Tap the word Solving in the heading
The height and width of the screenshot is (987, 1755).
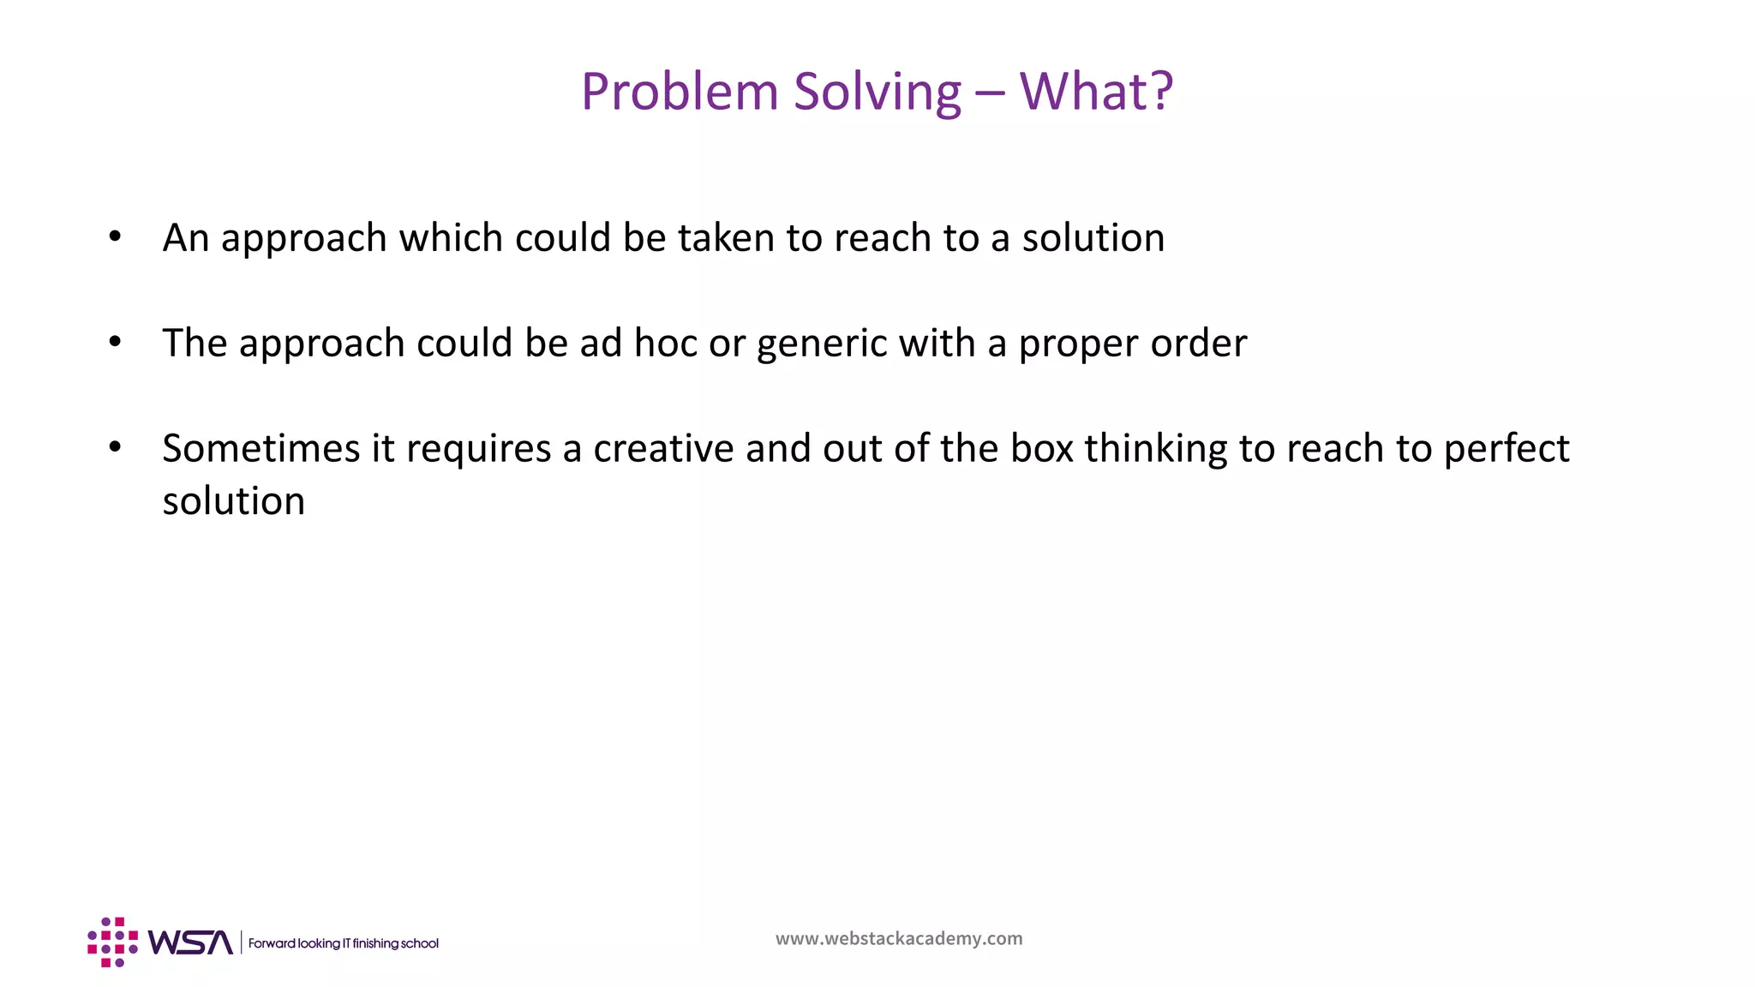(877, 92)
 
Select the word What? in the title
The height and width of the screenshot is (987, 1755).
(1096, 92)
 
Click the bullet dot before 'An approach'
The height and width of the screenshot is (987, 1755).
(115, 236)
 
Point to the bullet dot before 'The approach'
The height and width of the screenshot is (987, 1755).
(115, 342)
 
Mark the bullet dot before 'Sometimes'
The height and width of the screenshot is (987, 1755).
(115, 447)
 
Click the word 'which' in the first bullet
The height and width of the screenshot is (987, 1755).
(451, 237)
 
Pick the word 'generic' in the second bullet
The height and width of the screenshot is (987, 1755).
(822, 344)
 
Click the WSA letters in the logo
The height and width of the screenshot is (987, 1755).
(190, 942)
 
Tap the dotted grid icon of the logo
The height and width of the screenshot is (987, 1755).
(112, 942)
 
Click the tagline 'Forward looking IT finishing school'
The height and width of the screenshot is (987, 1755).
(343, 943)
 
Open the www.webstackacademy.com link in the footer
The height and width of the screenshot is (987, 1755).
(899, 938)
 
